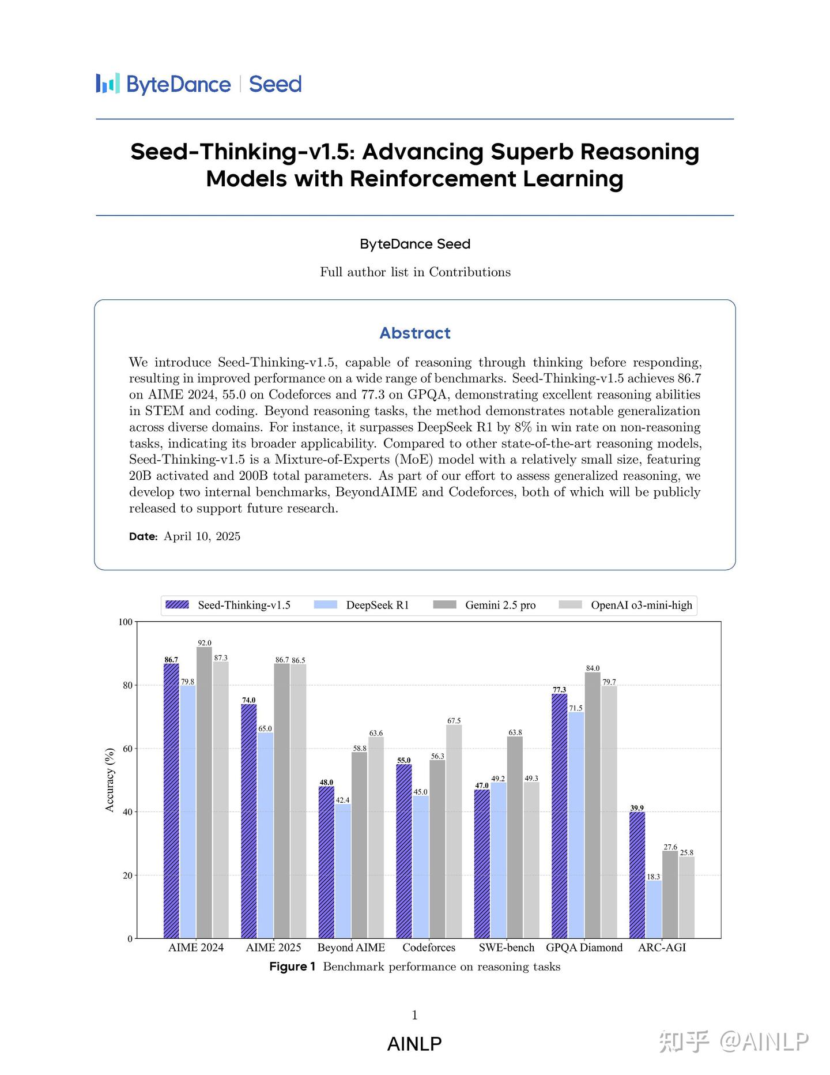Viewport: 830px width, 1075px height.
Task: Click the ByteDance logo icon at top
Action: click(108, 84)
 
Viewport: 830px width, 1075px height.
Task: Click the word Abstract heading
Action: click(414, 333)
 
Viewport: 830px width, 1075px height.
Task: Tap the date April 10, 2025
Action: click(202, 536)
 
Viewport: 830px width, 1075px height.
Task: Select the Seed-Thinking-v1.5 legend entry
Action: click(228, 605)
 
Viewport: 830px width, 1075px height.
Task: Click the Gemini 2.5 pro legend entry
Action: click(484, 605)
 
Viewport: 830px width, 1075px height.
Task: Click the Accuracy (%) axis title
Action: click(110, 780)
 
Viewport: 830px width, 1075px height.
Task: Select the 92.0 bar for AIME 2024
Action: click(204, 796)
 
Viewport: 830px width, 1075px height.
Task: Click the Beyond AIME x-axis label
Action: click(351, 948)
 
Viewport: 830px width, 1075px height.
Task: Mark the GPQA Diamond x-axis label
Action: click(584, 948)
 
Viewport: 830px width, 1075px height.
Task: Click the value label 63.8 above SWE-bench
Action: click(515, 732)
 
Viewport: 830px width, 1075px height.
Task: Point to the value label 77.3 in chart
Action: click(559, 690)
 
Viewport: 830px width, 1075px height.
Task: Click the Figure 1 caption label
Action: click(292, 967)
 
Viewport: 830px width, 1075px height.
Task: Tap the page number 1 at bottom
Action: click(414, 1015)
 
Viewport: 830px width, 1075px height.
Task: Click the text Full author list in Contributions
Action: click(415, 272)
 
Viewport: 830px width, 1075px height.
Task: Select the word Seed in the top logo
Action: click(275, 84)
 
